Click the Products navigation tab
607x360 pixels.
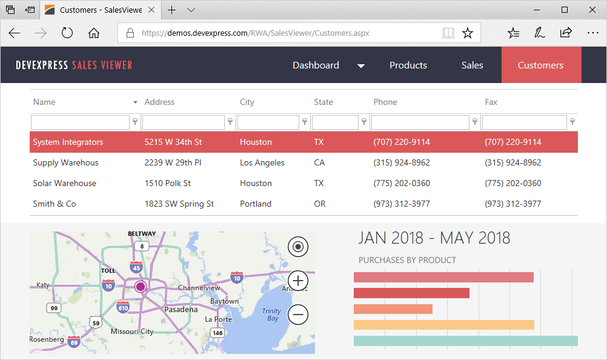click(408, 65)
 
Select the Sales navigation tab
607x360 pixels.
click(472, 65)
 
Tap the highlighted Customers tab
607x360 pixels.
click(540, 65)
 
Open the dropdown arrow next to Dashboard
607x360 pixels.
click(361, 66)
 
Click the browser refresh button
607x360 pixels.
click(67, 33)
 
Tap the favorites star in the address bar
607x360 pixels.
click(468, 33)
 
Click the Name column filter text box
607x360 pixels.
click(80, 122)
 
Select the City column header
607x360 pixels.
click(247, 102)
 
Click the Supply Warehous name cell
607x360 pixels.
click(65, 162)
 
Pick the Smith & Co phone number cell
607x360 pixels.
click(402, 204)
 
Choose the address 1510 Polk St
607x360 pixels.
click(168, 183)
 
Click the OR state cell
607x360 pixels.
click(320, 204)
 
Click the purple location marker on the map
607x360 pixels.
click(141, 286)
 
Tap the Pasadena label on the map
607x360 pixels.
click(181, 309)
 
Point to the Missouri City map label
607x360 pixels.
click(132, 332)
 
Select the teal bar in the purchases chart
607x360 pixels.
click(465, 341)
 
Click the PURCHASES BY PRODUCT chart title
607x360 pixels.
click(407, 260)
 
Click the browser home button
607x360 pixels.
click(94, 33)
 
